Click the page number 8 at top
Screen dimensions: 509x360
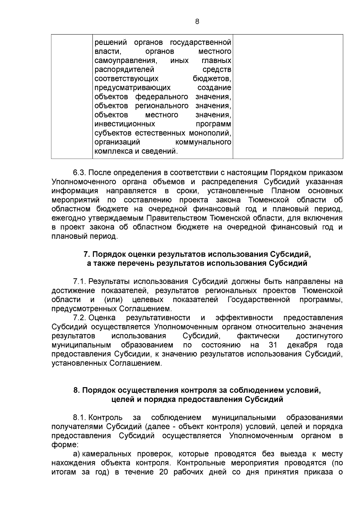(x=197, y=21)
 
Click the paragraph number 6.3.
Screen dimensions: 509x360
(x=79, y=173)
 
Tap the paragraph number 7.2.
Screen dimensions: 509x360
(x=79, y=318)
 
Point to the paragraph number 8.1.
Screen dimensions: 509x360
(x=79, y=418)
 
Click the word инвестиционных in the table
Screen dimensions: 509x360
(x=125, y=124)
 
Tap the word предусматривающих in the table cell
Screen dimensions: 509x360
(x=133, y=88)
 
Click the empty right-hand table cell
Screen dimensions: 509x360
(x=288, y=96)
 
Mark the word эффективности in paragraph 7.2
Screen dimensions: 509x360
(x=244, y=318)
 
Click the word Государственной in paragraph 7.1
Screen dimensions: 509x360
(x=259, y=299)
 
